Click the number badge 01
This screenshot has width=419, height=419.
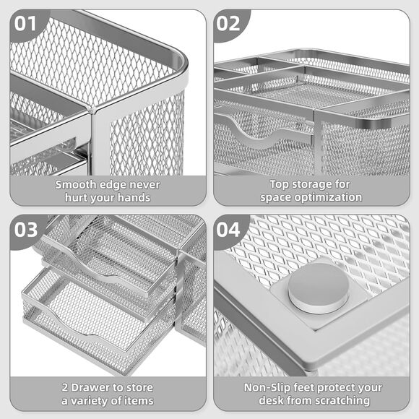25,23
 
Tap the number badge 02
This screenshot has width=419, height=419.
229,23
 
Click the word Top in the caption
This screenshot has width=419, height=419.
281,184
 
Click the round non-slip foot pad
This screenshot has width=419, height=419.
318,288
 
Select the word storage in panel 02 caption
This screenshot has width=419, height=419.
321,184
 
